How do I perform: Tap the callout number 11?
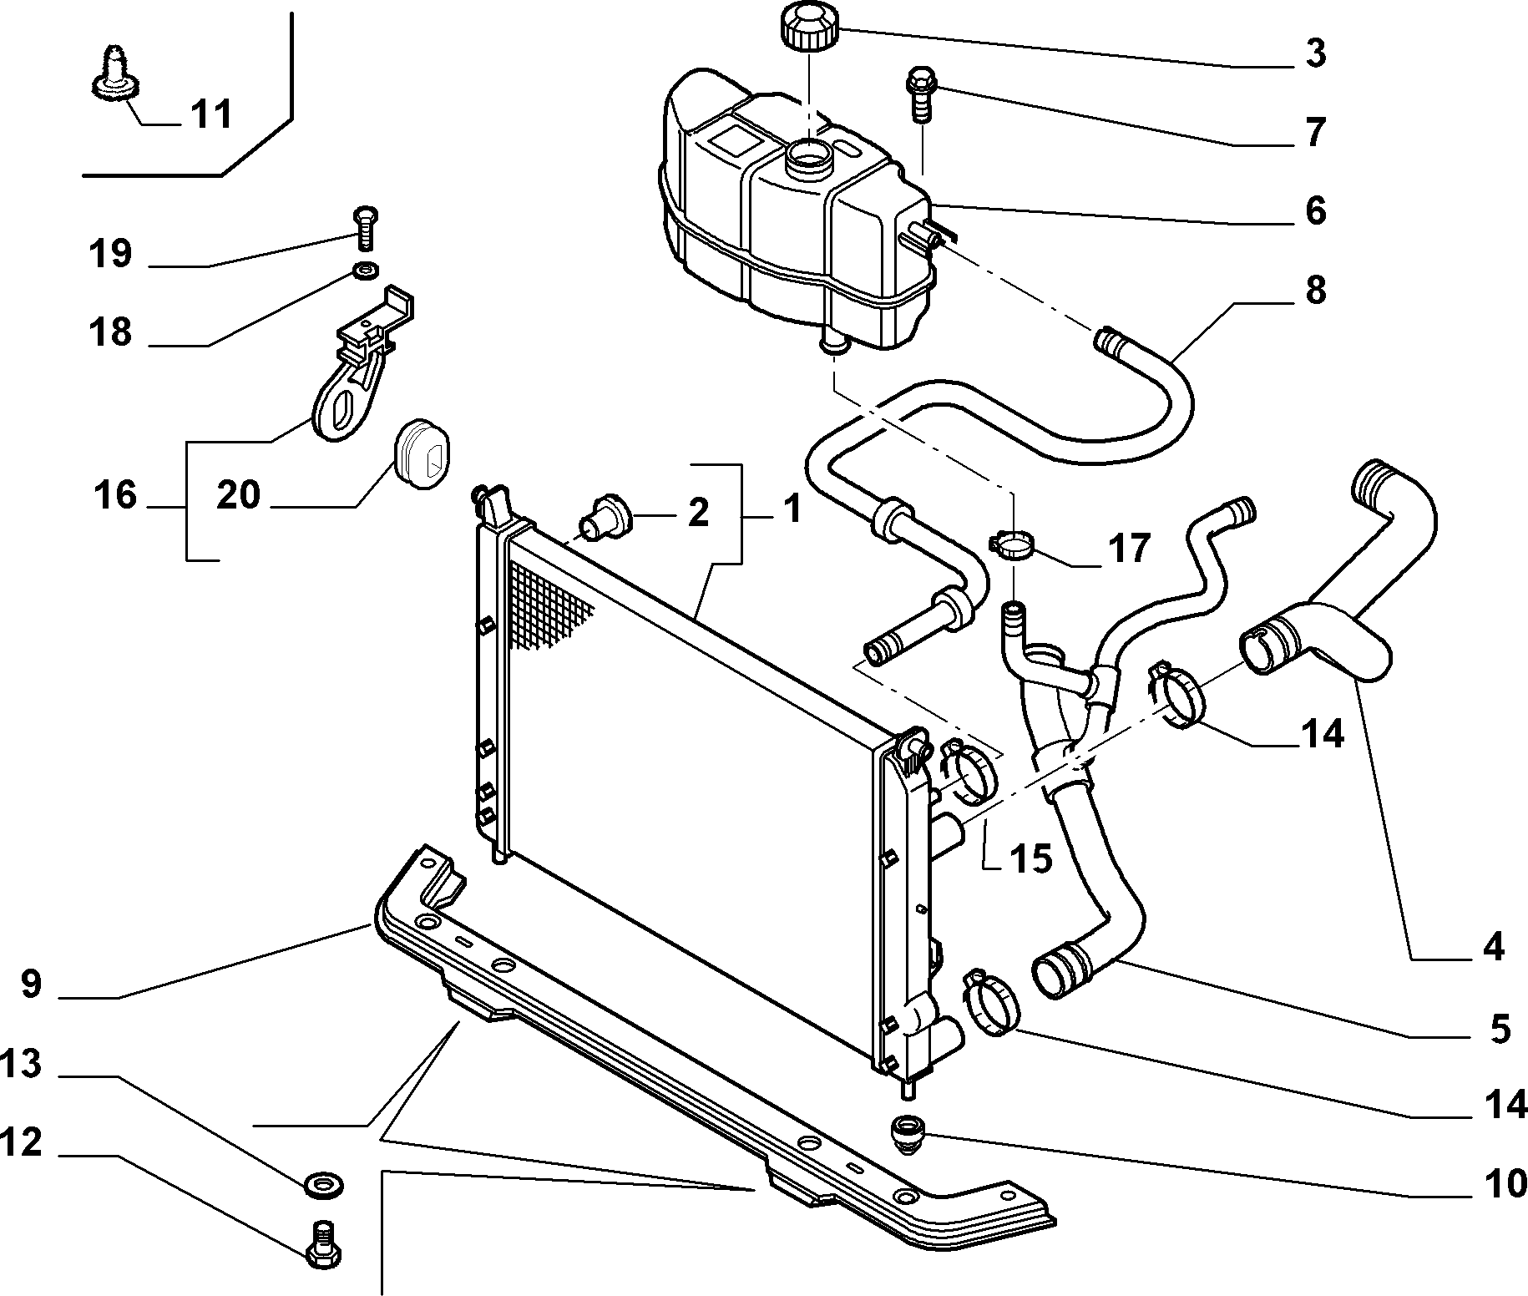pyautogui.click(x=211, y=114)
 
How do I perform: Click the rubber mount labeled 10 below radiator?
pyautogui.click(x=907, y=1137)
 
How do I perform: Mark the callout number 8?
pyautogui.click(x=1315, y=290)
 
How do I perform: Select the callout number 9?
pyautogui.click(x=31, y=983)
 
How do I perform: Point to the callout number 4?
pyautogui.click(x=1492, y=947)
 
